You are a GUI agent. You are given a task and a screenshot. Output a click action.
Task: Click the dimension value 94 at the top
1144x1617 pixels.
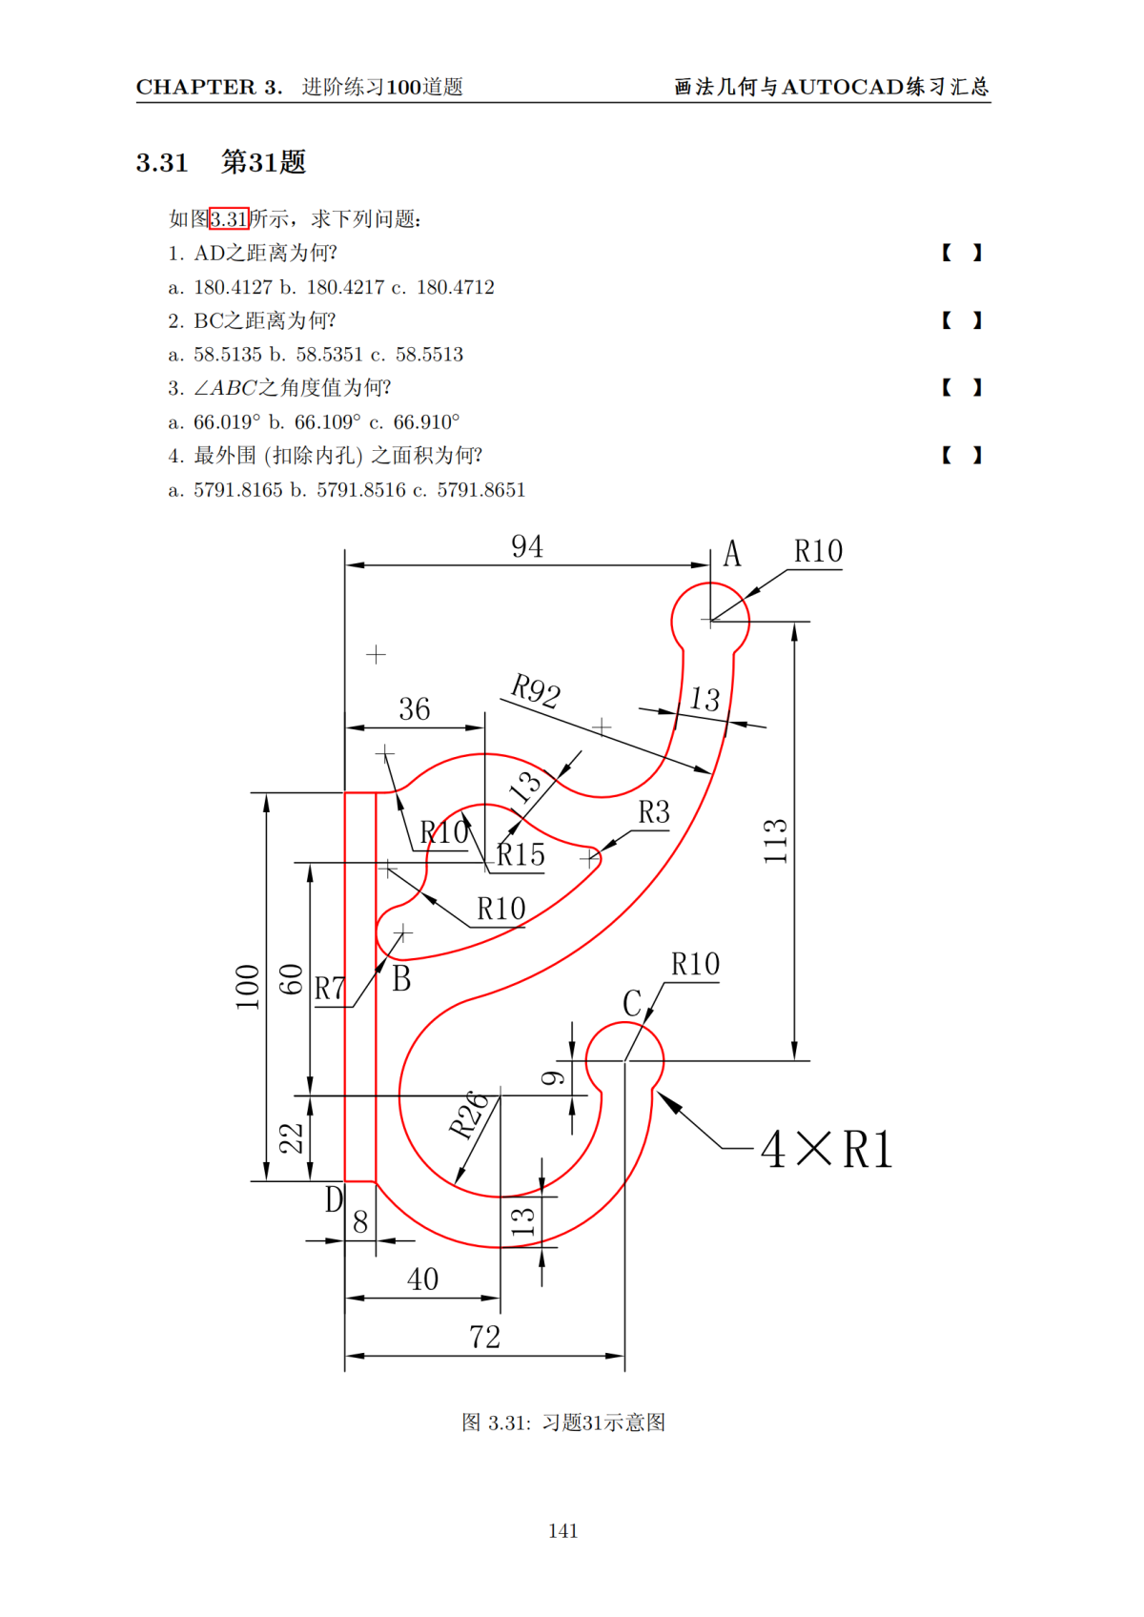[x=527, y=547]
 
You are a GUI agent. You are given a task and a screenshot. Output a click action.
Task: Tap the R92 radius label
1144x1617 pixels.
[x=535, y=690]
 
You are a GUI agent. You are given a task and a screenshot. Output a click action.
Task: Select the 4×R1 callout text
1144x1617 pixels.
[x=827, y=1149]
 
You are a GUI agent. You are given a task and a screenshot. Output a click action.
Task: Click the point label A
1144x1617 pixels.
[x=731, y=554]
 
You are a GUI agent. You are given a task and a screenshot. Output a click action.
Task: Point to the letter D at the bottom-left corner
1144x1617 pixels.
[x=334, y=1199]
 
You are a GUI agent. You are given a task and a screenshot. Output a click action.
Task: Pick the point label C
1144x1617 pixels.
[x=632, y=1004]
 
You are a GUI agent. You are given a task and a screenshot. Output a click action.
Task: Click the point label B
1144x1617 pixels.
[x=401, y=979]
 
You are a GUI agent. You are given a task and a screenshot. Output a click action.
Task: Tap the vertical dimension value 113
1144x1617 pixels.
[x=776, y=841]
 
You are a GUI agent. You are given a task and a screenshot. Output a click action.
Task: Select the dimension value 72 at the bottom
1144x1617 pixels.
[x=484, y=1338]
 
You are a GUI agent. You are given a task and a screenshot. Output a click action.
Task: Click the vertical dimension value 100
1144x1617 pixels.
[x=248, y=987]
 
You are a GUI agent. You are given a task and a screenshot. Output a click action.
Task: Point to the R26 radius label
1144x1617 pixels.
[x=469, y=1116]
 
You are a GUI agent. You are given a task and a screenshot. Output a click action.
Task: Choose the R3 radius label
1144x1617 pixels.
[x=654, y=813]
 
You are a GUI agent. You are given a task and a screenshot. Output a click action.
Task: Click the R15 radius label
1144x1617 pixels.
[x=521, y=855]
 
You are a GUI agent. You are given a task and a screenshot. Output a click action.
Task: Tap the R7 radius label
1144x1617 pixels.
[x=330, y=990]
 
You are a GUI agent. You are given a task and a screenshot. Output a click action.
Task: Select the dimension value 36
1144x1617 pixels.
[x=414, y=709]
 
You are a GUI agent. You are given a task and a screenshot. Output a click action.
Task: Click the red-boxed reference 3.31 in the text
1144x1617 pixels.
[x=229, y=219]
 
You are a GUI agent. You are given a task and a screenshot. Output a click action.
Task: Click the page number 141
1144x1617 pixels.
[x=563, y=1531]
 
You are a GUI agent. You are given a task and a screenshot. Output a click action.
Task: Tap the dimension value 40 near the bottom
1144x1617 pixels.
[x=422, y=1279]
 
